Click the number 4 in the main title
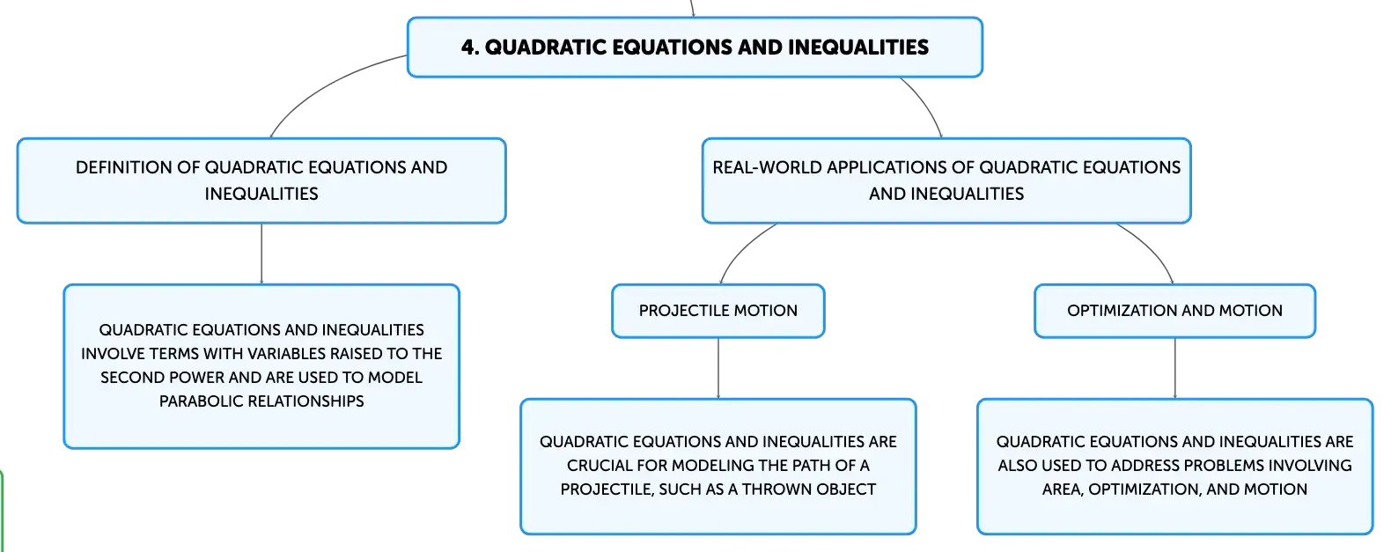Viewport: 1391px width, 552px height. pos(469,48)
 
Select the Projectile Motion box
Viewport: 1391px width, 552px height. pos(718,311)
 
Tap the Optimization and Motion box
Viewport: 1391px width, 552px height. pos(1175,311)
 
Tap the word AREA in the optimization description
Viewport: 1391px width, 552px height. pos(1063,489)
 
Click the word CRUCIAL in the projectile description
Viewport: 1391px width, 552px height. pos(600,466)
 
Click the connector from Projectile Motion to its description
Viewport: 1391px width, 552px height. pos(718,368)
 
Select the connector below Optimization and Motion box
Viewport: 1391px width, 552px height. pos(1175,368)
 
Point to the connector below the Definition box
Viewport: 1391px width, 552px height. pos(261,254)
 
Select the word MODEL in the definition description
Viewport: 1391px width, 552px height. pos(395,378)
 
